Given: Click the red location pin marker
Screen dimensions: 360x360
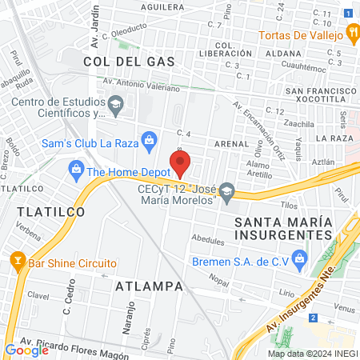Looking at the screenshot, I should pyautogui.click(x=181, y=164).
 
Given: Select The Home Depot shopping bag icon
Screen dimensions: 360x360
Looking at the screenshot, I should pyautogui.click(x=76, y=170).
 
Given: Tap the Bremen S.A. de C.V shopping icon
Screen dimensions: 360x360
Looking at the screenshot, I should pyautogui.click(x=300, y=258).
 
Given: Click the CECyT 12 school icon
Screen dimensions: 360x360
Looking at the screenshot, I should pyautogui.click(x=227, y=190).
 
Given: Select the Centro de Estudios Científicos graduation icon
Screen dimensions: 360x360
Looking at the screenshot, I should pyautogui.click(x=116, y=104).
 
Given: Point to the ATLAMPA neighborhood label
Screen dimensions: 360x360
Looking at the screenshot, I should pyautogui.click(x=150, y=286).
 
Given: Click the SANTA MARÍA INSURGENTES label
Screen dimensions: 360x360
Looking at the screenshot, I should pyautogui.click(x=283, y=226).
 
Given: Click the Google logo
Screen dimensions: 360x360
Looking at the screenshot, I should pyautogui.click(x=26, y=350).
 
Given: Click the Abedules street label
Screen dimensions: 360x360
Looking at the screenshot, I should pyautogui.click(x=208, y=239).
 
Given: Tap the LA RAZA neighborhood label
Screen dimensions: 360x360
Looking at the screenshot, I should pyautogui.click(x=334, y=138).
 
